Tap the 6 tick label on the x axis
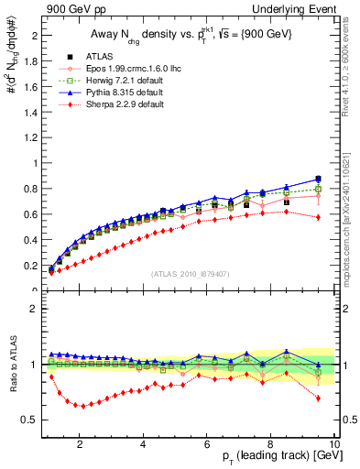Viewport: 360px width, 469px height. (207, 444)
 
